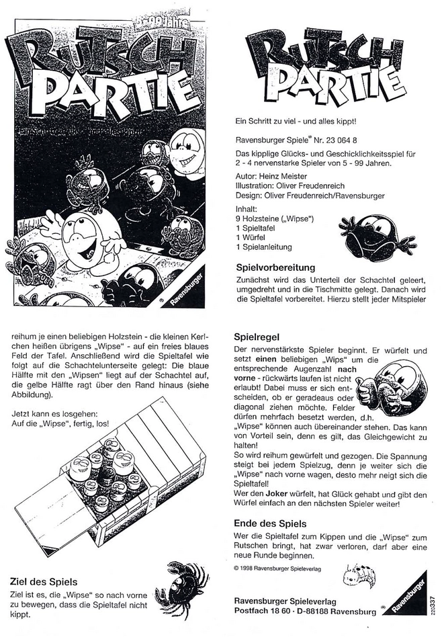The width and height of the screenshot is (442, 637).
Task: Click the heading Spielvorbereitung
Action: coord(275,267)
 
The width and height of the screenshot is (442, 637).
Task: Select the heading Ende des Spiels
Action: coord(270,523)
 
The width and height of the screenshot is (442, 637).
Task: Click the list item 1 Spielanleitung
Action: coord(263,247)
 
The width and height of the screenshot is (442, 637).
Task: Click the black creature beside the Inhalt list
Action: coord(368,232)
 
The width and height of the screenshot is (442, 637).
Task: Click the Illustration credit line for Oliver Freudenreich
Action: coord(292,186)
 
